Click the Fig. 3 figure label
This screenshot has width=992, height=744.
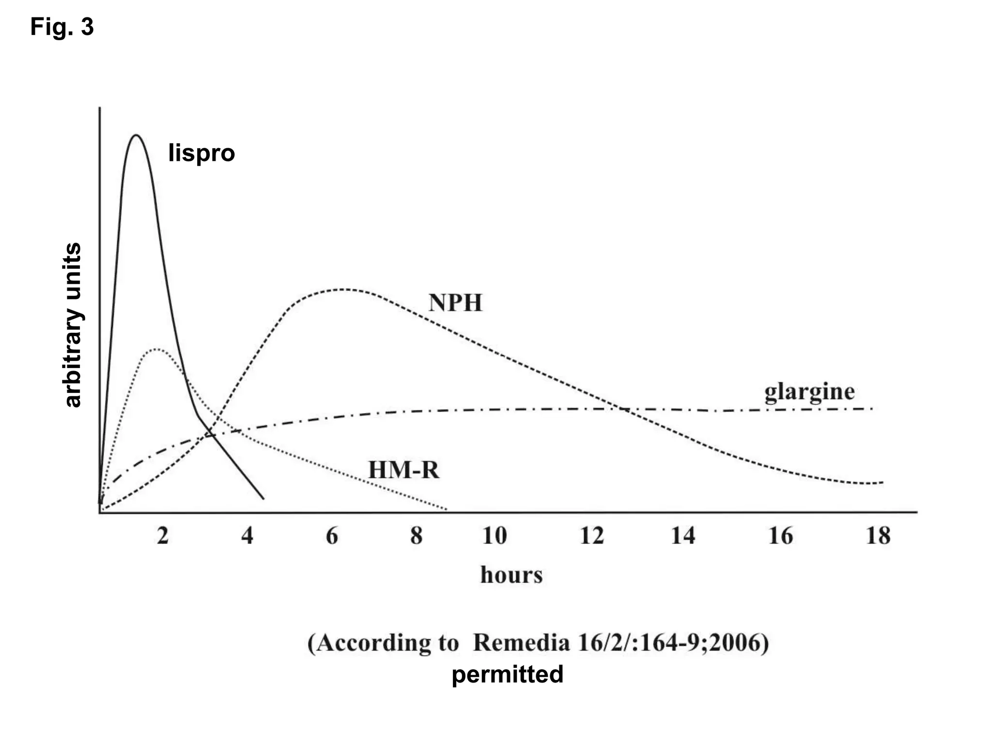click(62, 27)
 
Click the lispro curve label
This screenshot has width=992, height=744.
click(201, 153)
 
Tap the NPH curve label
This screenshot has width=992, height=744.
click(455, 303)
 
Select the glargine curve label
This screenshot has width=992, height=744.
click(809, 392)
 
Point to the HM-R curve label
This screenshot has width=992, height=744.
click(403, 470)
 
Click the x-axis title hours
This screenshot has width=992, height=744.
click(511, 575)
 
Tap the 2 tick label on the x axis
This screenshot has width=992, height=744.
click(163, 536)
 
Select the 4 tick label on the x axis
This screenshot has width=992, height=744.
click(247, 536)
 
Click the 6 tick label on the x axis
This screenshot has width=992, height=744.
click(332, 536)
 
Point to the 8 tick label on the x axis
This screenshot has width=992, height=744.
click(416, 536)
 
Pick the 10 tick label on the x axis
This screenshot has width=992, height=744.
click(495, 536)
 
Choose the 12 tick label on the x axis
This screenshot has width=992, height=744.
click(592, 536)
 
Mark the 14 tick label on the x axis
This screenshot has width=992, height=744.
click(683, 536)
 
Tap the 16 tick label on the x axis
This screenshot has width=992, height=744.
click(780, 536)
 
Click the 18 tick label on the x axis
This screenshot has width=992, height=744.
click(878, 536)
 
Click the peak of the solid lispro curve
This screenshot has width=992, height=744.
click(136, 135)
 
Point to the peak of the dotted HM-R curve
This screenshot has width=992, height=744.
click(156, 349)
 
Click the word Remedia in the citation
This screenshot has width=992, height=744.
click(521, 643)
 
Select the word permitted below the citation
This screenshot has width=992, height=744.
click(507, 674)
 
